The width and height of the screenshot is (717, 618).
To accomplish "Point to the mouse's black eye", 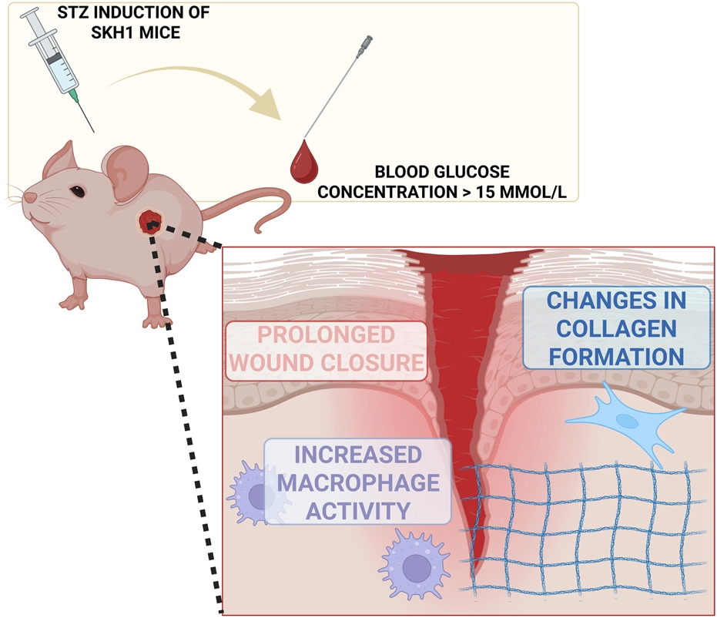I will tap(76, 191).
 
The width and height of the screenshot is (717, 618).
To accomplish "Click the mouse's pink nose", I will tap(28, 198).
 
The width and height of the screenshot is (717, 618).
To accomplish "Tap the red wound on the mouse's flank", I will tap(149, 223).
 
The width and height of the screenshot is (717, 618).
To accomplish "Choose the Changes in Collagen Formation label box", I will tap(616, 327).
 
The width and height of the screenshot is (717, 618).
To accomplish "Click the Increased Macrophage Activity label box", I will tap(357, 482).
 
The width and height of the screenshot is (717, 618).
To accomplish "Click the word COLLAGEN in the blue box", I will tap(616, 327).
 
